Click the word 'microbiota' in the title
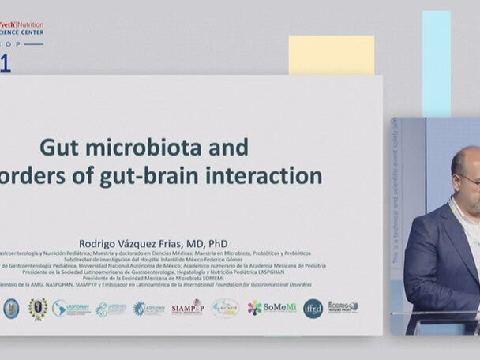(x=145, y=148)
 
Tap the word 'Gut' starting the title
(x=59, y=148)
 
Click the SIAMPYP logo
(x=187, y=308)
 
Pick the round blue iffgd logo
(x=313, y=308)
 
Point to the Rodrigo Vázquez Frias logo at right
(x=343, y=307)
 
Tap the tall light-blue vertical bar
(x=436, y=63)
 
